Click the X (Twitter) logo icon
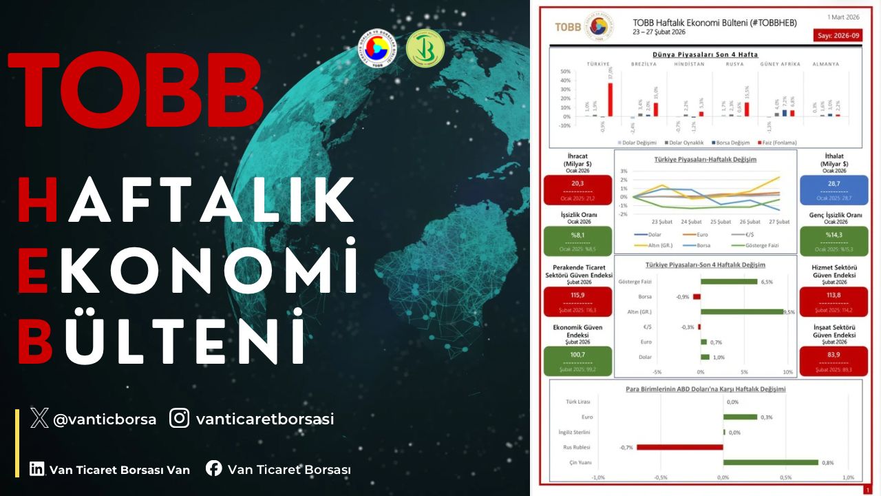point(39,418)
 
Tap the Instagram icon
point(180,418)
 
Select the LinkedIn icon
point(36,469)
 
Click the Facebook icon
point(214,468)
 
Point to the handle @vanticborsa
point(105,419)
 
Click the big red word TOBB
point(136,89)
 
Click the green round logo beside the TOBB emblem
point(425,49)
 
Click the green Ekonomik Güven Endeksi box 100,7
point(577,360)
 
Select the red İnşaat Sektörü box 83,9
point(834,360)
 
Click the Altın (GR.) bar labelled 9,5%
point(742,311)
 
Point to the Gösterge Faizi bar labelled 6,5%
point(729,281)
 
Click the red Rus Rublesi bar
point(679,447)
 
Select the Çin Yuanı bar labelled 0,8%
point(770,462)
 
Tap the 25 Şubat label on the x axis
point(720,222)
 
